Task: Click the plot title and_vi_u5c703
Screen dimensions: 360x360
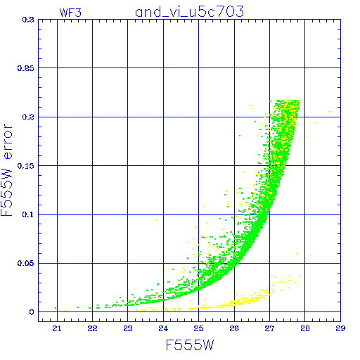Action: (x=190, y=12)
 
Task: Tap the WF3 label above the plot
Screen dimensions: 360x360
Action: (x=70, y=13)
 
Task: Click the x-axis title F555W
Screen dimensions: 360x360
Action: (x=190, y=345)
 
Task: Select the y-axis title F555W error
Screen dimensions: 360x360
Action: (x=7, y=170)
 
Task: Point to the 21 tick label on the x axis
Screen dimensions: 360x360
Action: (x=57, y=328)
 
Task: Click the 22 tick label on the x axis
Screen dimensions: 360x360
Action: (x=92, y=328)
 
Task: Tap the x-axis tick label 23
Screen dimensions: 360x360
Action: (x=128, y=328)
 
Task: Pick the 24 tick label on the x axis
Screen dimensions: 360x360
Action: (x=163, y=328)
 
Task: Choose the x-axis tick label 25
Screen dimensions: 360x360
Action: (x=199, y=328)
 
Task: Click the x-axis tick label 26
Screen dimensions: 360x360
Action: (x=234, y=328)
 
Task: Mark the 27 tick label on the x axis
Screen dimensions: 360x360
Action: (x=269, y=328)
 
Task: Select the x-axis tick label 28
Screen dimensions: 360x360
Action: (x=305, y=328)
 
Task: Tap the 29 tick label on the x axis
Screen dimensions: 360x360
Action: (x=340, y=328)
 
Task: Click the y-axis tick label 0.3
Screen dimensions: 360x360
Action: (x=28, y=20)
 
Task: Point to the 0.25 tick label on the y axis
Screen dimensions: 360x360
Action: (x=26, y=68)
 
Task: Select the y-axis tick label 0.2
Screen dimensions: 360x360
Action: (x=28, y=117)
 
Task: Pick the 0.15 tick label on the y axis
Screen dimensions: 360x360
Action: (x=26, y=166)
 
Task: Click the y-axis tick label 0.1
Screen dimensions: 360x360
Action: (x=28, y=214)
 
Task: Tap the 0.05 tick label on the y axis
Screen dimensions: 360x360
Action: (x=26, y=263)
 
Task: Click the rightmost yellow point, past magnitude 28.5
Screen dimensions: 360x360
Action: (x=329, y=112)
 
